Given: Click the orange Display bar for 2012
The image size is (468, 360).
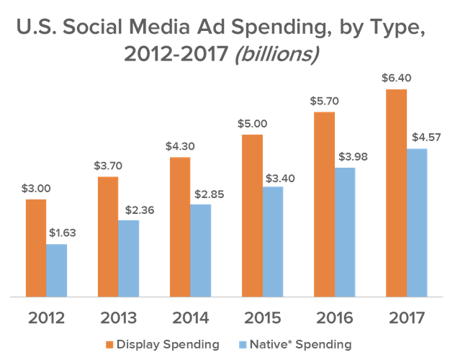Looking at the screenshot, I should (x=36, y=248).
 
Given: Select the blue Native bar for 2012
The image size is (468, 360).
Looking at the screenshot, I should (x=57, y=270).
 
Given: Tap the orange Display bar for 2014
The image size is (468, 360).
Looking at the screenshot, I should (x=180, y=227).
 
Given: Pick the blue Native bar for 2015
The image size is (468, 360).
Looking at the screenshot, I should (x=273, y=241).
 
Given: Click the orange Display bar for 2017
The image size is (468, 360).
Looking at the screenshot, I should (x=396, y=193).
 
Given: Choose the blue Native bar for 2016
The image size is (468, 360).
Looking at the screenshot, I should (x=345, y=232).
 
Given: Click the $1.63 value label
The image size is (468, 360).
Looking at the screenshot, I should (x=63, y=233).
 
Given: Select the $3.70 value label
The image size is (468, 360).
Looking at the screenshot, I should (x=108, y=165).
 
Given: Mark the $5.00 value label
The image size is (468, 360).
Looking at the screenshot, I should (x=252, y=123).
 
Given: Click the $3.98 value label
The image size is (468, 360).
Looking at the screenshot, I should (x=351, y=156).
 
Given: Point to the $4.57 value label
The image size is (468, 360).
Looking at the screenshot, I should (x=423, y=137).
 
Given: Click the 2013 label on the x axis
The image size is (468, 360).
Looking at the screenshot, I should (x=118, y=318).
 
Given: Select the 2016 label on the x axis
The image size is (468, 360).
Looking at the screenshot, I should (x=334, y=318).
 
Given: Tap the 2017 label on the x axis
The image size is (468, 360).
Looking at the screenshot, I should (x=406, y=318).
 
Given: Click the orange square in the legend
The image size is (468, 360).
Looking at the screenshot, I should (x=110, y=345).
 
